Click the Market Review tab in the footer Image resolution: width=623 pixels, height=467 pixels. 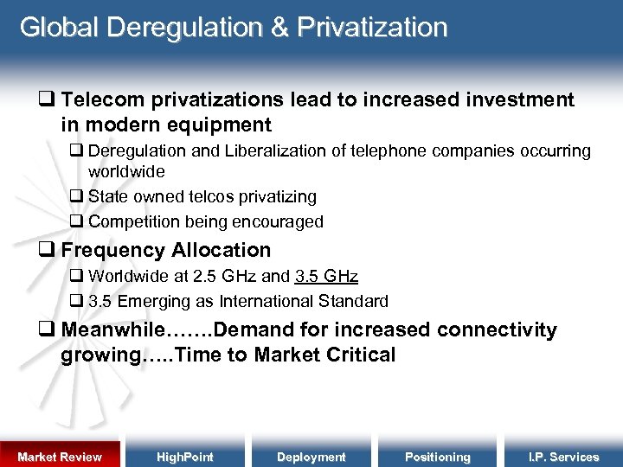click(60, 457)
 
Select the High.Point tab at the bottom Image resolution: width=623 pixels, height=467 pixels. click(185, 457)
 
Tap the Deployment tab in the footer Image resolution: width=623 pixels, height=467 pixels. click(311, 457)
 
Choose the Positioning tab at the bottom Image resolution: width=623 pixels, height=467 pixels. click(437, 457)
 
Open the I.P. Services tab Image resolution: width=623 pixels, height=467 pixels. click(563, 457)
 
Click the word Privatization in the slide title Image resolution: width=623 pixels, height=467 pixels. click(372, 28)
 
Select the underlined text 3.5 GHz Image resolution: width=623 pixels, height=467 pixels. click(326, 277)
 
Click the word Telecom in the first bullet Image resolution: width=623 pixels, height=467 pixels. click(98, 100)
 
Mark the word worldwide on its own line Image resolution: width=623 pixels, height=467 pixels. click(126, 172)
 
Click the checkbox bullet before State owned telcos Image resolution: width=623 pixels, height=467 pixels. click(76, 197)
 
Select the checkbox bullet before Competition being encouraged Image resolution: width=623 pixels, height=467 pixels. click(76, 221)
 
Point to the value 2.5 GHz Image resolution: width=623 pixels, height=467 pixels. click(225, 277)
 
